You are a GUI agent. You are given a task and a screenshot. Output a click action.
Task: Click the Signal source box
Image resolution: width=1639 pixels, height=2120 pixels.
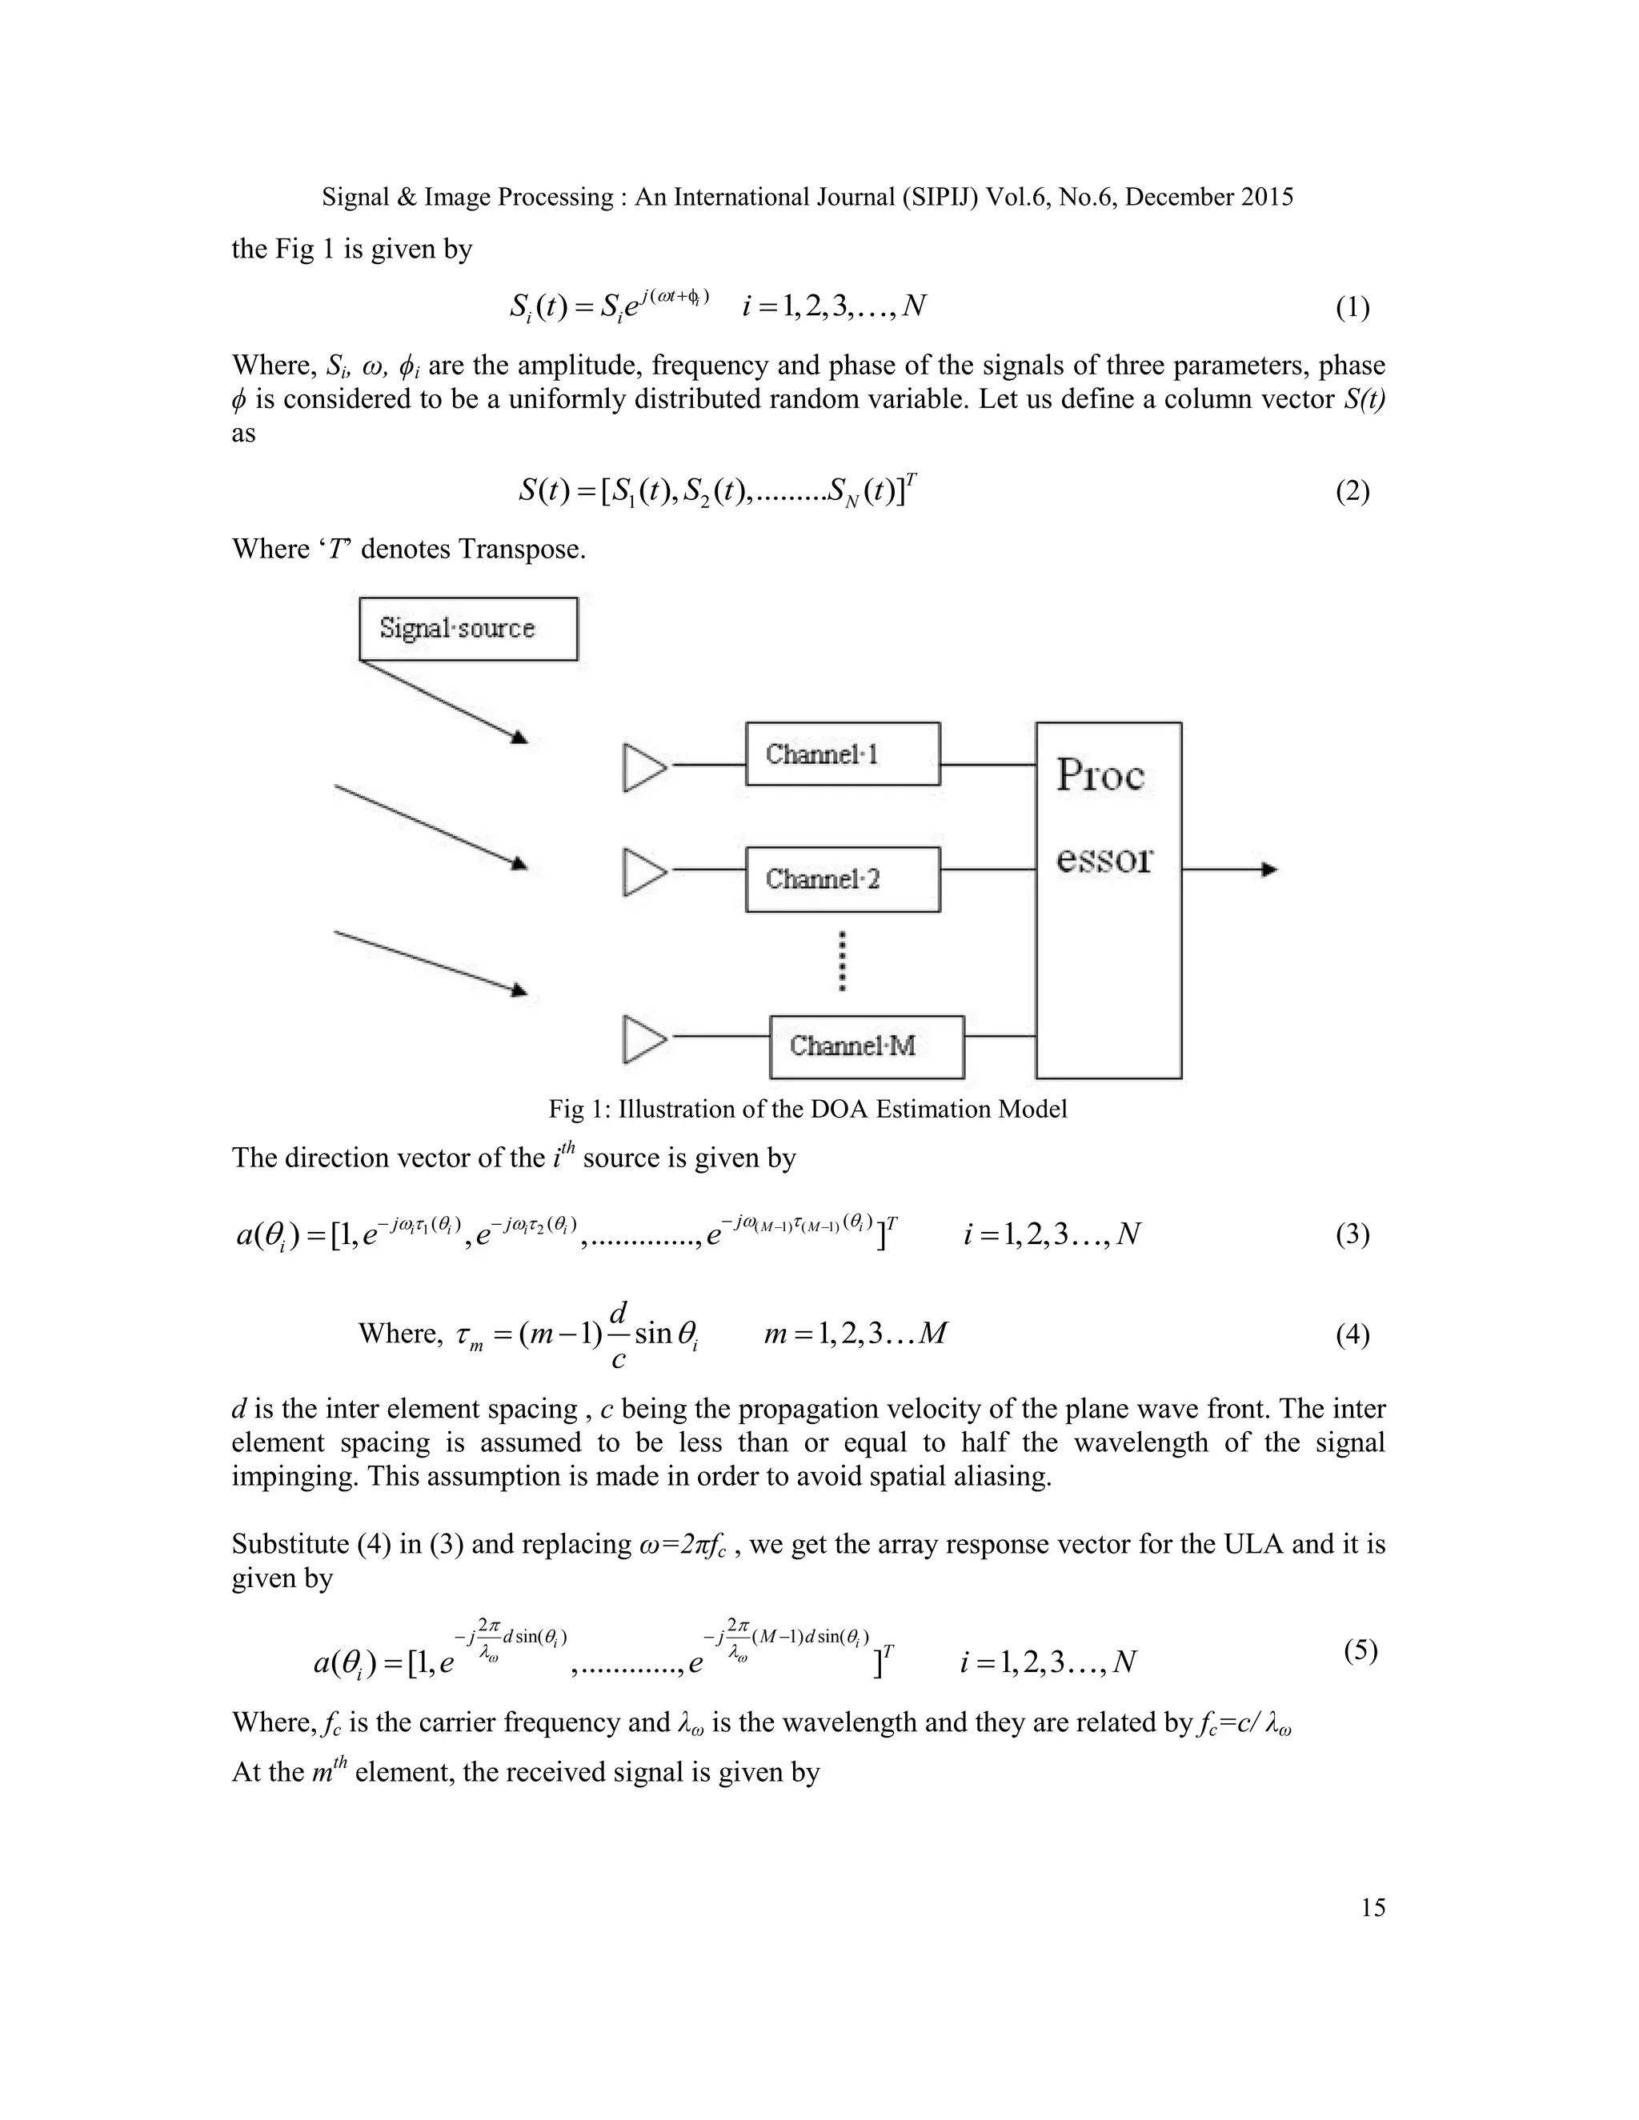468,629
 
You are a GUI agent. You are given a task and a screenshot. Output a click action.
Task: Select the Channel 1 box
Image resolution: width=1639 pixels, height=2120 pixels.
842,754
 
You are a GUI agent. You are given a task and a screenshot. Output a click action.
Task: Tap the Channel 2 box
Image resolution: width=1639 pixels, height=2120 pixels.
842,878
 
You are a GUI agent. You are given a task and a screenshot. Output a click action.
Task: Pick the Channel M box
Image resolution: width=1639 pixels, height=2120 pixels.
866,1046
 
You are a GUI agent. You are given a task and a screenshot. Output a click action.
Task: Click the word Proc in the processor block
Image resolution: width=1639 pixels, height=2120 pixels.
1100,774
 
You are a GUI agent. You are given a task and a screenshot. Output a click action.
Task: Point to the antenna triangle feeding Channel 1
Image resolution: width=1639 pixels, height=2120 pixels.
643,767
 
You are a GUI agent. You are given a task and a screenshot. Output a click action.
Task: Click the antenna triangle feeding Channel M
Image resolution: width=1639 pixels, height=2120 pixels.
643,1038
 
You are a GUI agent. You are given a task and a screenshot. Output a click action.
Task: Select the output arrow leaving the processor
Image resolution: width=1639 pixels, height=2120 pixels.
1229,870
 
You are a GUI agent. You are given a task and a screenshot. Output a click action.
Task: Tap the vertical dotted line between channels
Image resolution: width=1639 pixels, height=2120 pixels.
842,961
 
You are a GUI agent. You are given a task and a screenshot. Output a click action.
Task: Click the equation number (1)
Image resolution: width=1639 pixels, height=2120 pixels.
1352,308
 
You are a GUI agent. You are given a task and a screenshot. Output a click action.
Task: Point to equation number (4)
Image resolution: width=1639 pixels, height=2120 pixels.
1352,1334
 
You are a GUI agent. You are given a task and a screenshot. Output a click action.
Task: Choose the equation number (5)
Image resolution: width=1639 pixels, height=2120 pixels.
1360,1650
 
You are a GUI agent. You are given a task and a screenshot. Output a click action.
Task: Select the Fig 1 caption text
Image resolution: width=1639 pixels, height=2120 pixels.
807,1109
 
